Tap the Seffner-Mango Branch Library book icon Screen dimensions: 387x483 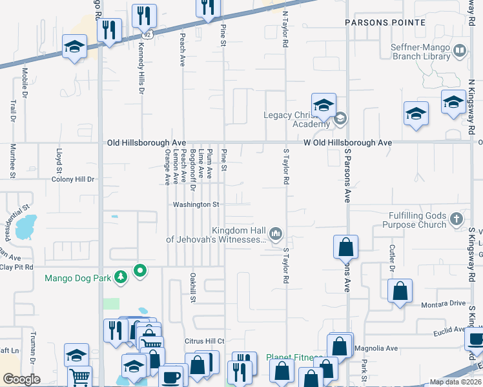tap(460, 51)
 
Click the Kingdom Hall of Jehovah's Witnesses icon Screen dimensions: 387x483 tap(276, 232)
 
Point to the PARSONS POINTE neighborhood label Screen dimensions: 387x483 tap(385, 23)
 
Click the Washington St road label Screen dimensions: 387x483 tap(196, 204)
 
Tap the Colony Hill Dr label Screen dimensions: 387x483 tap(73, 179)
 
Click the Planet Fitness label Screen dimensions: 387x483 tap(294, 357)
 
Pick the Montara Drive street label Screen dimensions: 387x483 tap(443, 304)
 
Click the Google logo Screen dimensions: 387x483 tap(21, 379)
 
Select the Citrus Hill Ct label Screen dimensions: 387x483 tap(202, 341)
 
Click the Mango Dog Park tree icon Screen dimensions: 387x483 tap(120, 278)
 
